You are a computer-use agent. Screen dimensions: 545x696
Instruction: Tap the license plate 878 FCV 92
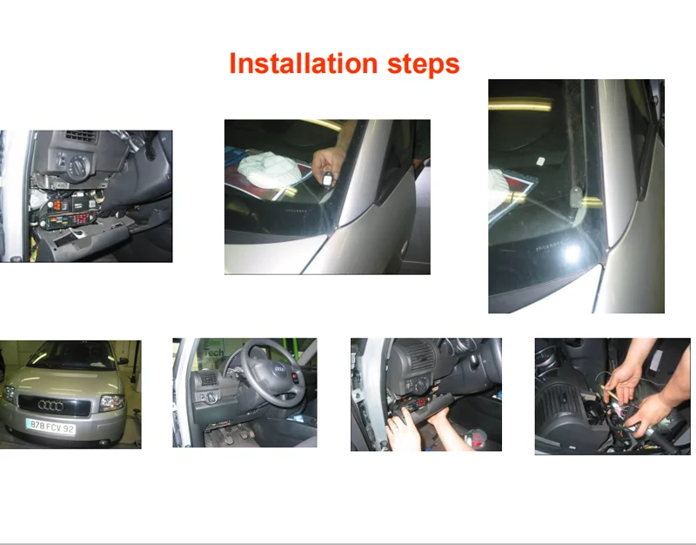pos(50,427)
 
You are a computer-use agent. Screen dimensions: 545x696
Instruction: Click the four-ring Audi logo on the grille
pos(50,406)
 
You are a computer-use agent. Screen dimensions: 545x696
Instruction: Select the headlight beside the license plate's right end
pos(111,402)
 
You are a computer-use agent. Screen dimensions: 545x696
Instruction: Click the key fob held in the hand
pos(325,179)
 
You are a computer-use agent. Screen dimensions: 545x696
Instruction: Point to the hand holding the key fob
pos(330,162)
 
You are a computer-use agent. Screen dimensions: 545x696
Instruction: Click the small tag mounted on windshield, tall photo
pos(540,162)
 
